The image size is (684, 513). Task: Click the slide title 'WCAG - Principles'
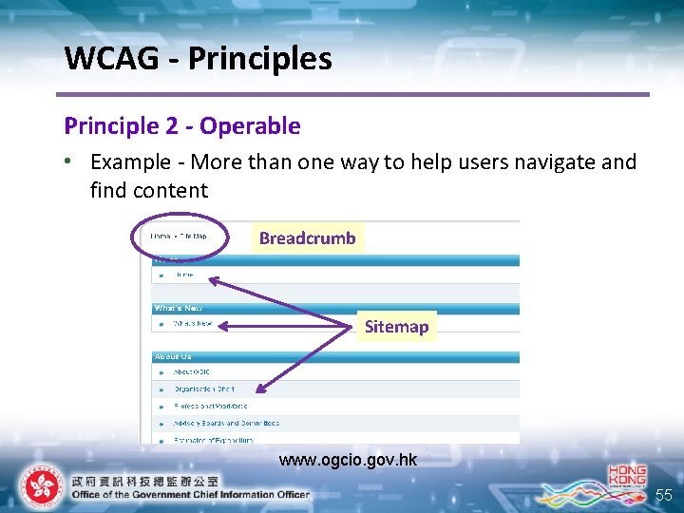click(198, 59)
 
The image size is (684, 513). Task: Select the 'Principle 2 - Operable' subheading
click(181, 125)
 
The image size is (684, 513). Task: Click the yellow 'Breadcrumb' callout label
click(307, 237)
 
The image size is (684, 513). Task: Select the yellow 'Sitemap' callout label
click(396, 326)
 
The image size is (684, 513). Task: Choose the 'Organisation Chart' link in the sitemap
click(203, 389)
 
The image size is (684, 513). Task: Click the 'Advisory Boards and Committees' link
click(226, 423)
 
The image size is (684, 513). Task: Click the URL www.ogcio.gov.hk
click(348, 460)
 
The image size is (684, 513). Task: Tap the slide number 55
click(663, 495)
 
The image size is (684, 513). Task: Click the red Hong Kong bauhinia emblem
click(39, 486)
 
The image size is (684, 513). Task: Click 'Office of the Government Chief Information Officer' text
click(190, 494)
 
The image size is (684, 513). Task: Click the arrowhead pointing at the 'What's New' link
click(221, 325)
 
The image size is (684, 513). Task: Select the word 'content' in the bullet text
click(172, 190)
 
